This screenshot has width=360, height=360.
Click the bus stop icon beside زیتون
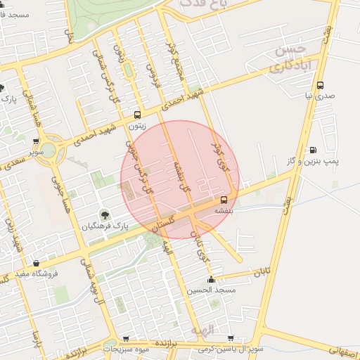(137, 115)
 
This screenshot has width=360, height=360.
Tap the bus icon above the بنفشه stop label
(224, 200)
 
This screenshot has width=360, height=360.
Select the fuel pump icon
(312, 150)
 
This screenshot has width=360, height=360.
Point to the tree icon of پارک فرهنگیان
(104, 215)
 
